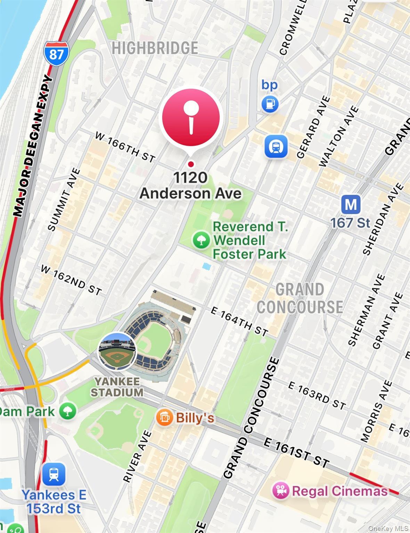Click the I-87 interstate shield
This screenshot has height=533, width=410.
[x=56, y=52]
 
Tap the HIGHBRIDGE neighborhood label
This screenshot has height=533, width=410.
[x=155, y=48]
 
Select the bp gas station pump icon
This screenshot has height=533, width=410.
[x=270, y=103]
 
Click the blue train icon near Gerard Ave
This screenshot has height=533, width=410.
[x=276, y=146]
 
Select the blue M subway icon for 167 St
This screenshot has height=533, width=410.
[x=350, y=204]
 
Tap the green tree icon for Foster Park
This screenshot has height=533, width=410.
[x=201, y=240]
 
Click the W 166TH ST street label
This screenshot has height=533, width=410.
[x=125, y=147]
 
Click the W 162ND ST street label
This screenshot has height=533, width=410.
[x=71, y=280]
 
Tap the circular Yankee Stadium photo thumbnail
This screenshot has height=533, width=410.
[x=117, y=351]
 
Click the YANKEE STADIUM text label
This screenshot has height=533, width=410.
[x=117, y=387]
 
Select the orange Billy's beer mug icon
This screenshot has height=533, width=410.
[x=164, y=417]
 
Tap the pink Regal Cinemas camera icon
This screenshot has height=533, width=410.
[x=280, y=491]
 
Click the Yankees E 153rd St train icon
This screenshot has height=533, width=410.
[x=54, y=474]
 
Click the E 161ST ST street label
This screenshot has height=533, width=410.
[x=296, y=452]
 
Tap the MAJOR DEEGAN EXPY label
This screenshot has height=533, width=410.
[x=33, y=146]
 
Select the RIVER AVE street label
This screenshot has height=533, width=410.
[x=138, y=456]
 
